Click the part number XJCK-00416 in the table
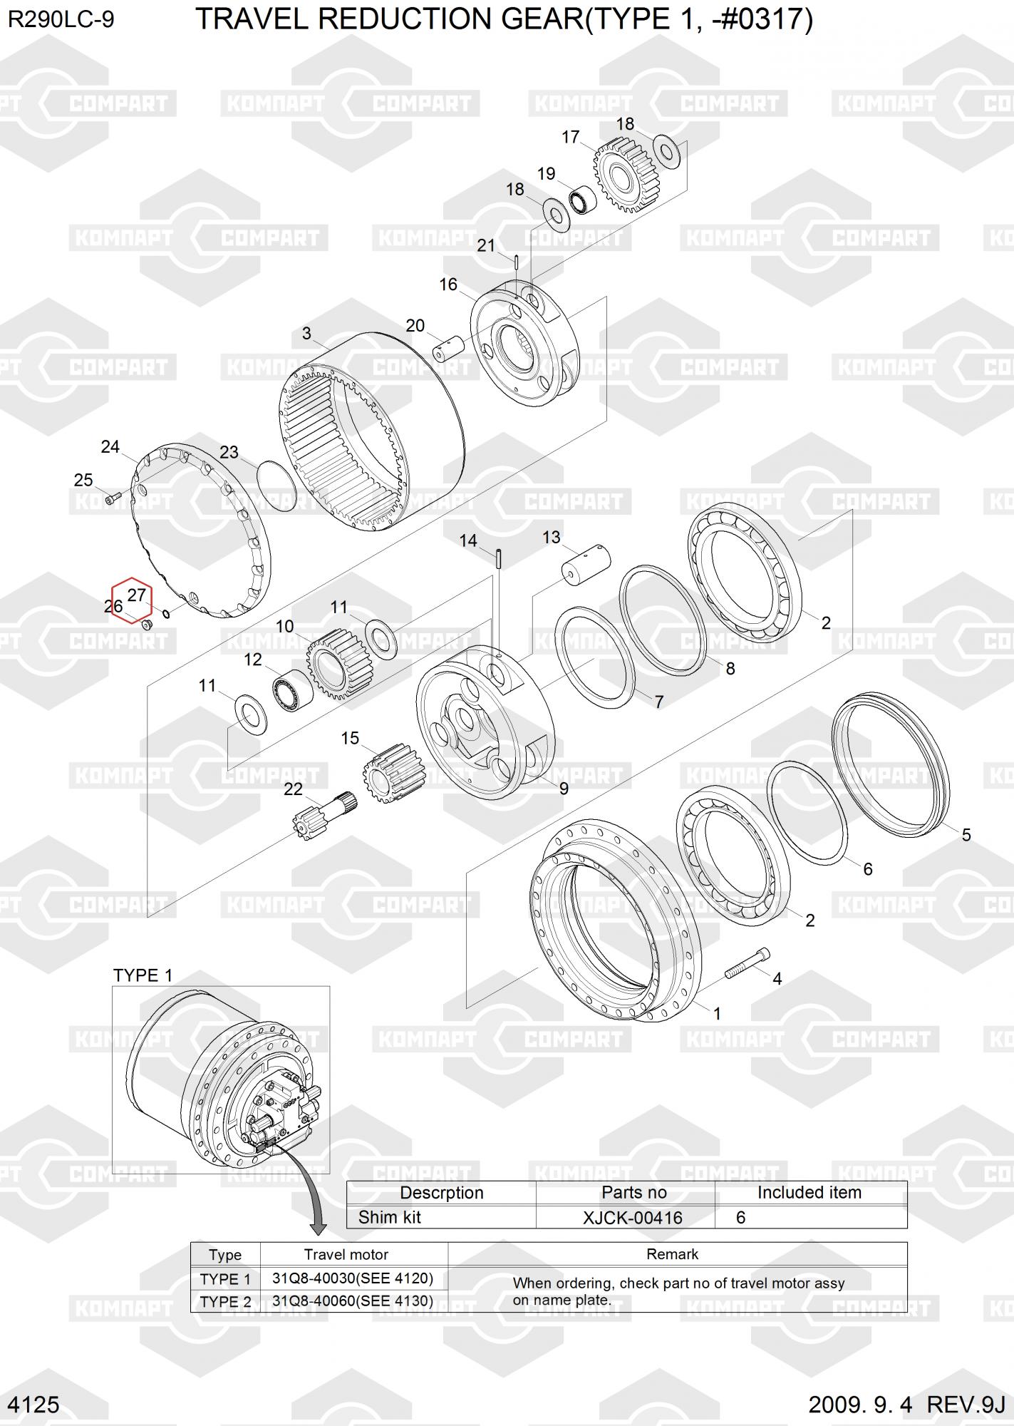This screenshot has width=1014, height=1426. pos(632,1217)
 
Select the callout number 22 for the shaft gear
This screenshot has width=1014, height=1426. pos(293,789)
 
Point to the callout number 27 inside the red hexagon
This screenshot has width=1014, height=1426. pos(136,595)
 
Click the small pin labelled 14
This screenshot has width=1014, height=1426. pos(500,558)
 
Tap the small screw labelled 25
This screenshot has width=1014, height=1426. pos(113,496)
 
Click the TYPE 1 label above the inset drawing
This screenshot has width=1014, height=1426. pos(143,976)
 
